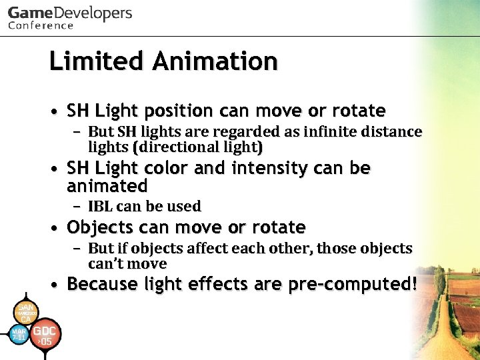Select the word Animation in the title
[215, 61]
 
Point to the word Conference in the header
[41, 26]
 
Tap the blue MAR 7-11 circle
[19, 335]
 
